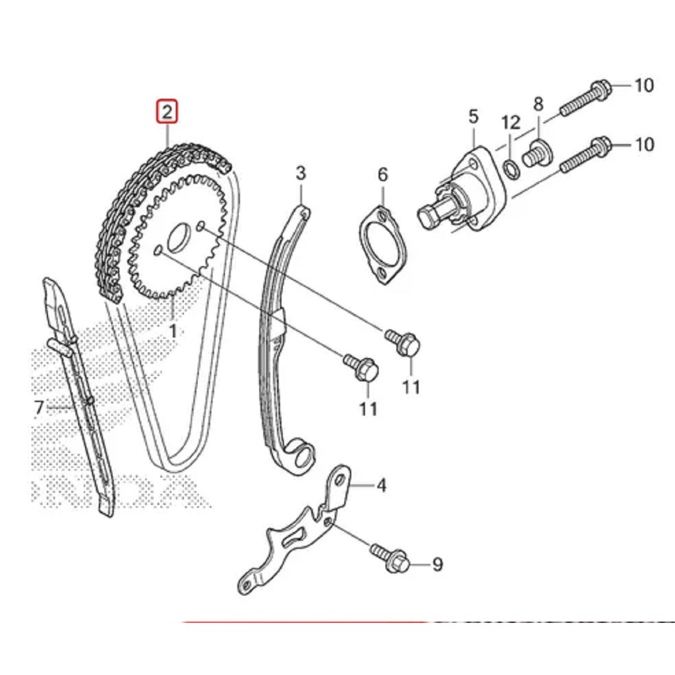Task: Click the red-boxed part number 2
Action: pos(167,112)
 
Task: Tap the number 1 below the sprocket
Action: pos(172,330)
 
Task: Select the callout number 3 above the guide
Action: pos(301,173)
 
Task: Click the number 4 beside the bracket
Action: pos(381,486)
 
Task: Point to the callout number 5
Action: pos(473,117)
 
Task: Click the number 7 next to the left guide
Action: pos(39,408)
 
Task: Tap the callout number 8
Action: pos(539,103)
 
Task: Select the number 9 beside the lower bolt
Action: pos(437,564)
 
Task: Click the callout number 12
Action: pos(510,123)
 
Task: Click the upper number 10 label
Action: pos(643,85)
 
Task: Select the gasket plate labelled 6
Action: pos(382,244)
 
